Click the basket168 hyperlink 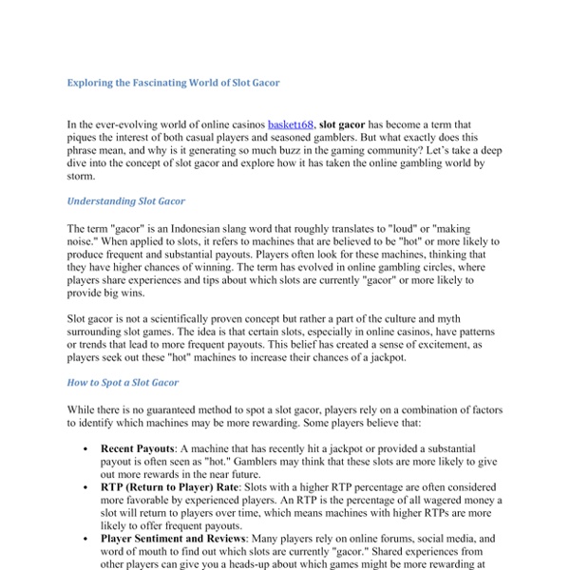click(x=292, y=124)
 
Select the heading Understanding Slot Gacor click(x=126, y=201)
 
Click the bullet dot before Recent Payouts click(x=86, y=446)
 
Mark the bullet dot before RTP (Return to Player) click(x=86, y=484)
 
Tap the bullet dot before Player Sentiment click(x=86, y=537)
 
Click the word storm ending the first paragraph click(x=82, y=177)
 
